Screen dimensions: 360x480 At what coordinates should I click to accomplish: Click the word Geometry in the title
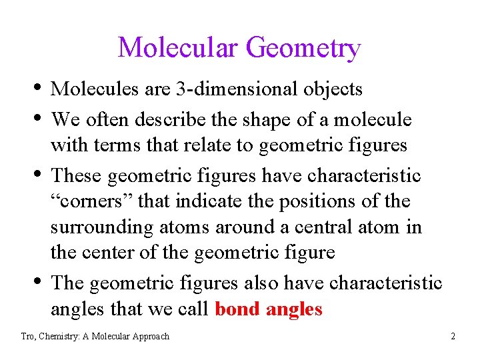pyautogui.click(x=303, y=49)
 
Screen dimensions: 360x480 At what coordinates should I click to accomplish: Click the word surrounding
pyautogui.click(x=102, y=227)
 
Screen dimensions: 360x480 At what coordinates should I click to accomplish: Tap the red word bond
pyautogui.click(x=237, y=309)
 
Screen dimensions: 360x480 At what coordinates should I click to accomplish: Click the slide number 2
pyautogui.click(x=453, y=337)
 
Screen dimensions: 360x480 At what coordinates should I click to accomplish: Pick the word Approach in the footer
pyautogui.click(x=148, y=337)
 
